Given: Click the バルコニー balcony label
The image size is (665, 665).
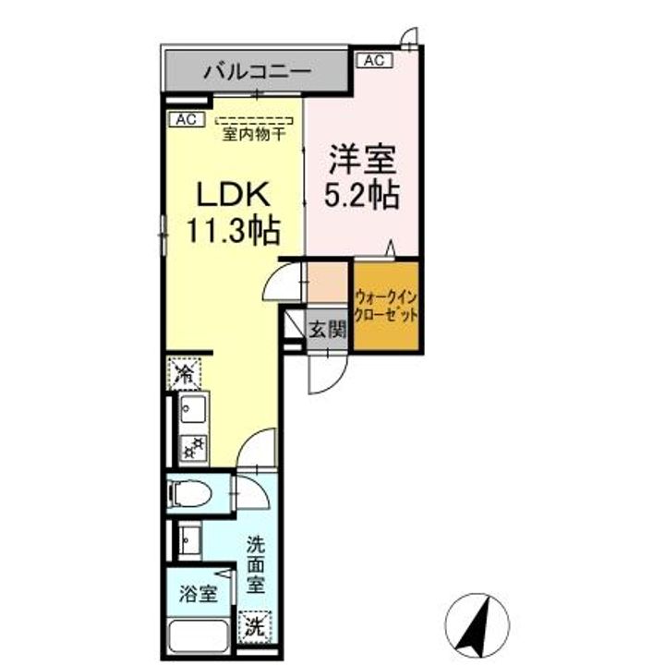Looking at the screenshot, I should tap(258, 70).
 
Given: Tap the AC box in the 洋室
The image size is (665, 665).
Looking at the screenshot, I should tap(373, 61).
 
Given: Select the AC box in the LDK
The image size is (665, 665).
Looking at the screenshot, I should tap(184, 118).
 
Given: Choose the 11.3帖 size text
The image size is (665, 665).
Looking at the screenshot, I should tap(234, 230).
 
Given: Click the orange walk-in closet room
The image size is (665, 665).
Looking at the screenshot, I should tap(386, 307).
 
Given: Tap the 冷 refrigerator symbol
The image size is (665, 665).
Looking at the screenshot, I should tap(185, 375).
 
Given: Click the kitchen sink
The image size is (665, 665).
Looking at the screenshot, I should tap(191, 410).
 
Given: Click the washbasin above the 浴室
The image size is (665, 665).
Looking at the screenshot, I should tap(188, 538).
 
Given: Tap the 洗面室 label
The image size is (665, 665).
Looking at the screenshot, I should tap(255, 564).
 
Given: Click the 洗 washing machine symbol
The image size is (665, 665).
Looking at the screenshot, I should tap(253, 625).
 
